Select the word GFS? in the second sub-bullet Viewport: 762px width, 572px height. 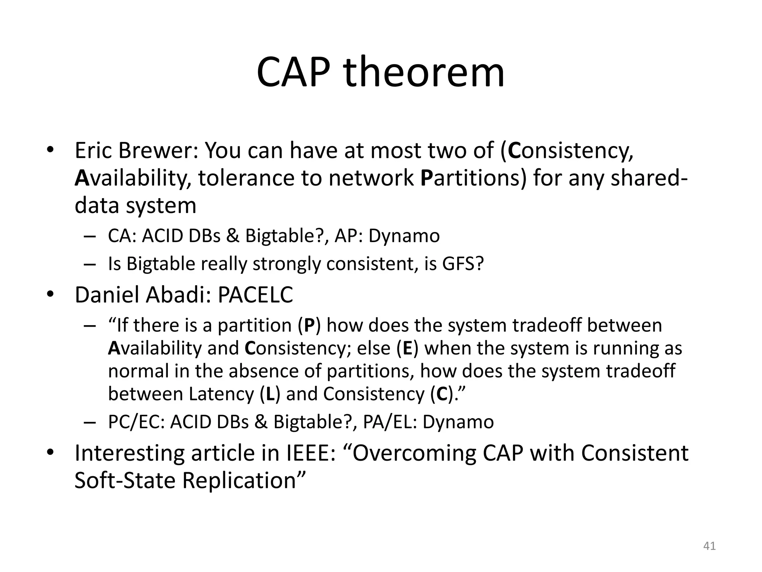[463, 264]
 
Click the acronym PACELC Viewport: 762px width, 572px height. [255, 295]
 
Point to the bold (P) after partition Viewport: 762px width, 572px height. [310, 325]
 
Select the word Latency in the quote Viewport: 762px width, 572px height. [221, 394]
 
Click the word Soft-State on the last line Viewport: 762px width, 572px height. [125, 480]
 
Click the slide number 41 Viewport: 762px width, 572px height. [709, 546]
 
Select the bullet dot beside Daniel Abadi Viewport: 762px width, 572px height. [50, 295]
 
